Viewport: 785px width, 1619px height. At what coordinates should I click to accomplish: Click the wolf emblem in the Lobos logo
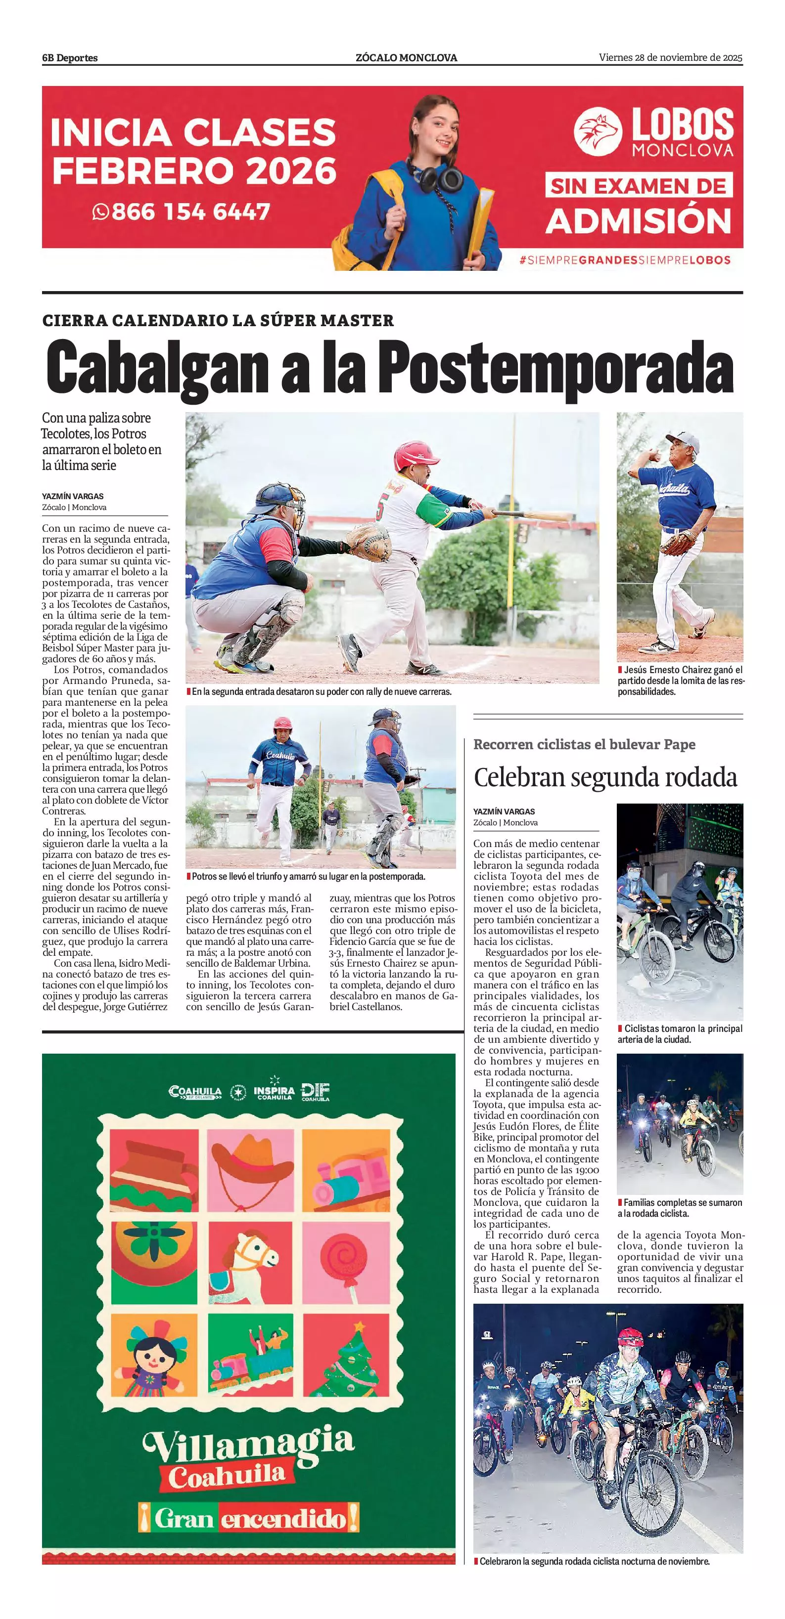tap(598, 131)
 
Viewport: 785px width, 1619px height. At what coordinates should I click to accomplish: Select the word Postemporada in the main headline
tap(555, 368)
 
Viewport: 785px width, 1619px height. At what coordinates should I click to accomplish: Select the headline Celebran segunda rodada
tap(605, 777)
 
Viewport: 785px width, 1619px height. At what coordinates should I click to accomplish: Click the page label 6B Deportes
tap(70, 58)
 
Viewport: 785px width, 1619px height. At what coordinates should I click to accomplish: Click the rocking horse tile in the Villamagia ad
tap(250, 1263)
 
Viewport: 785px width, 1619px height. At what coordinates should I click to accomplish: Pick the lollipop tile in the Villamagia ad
tap(346, 1263)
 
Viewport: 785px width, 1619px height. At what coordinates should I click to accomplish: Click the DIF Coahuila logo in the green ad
tap(315, 1092)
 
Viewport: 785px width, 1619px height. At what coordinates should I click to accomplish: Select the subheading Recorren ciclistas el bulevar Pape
tap(584, 744)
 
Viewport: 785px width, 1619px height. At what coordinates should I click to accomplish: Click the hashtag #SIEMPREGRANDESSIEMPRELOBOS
tap(625, 259)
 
